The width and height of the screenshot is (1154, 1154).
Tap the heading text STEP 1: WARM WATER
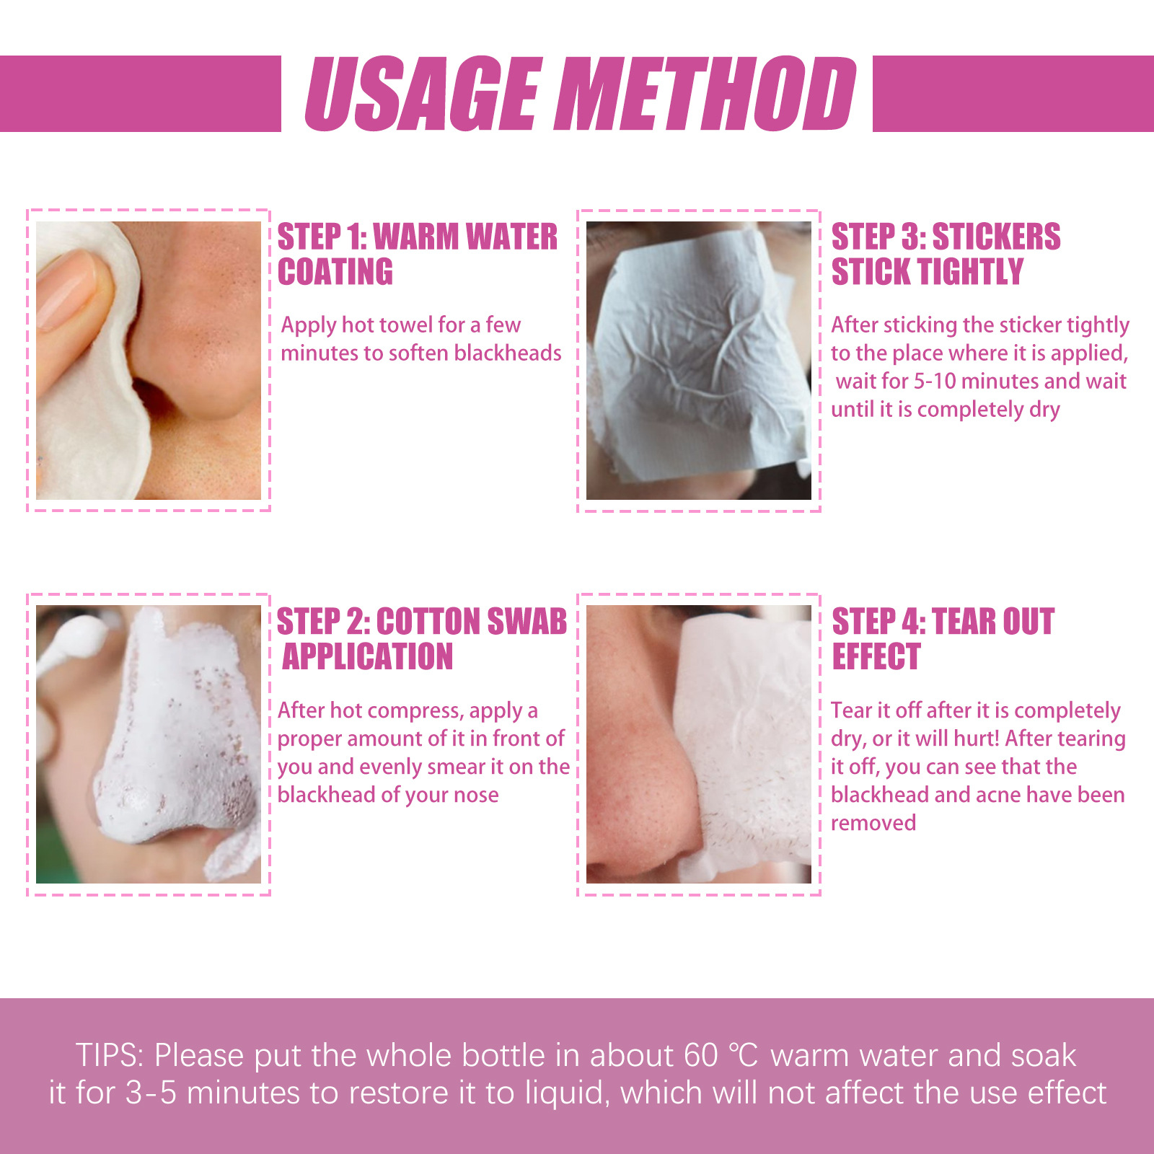point(417,237)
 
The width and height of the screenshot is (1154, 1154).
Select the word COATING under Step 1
point(335,272)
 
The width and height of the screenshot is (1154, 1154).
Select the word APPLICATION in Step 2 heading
point(368,657)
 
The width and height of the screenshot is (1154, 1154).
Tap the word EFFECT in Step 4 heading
point(876,657)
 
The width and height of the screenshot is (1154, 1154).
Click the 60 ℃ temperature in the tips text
point(721,1055)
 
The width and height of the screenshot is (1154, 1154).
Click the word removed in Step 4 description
point(873,823)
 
